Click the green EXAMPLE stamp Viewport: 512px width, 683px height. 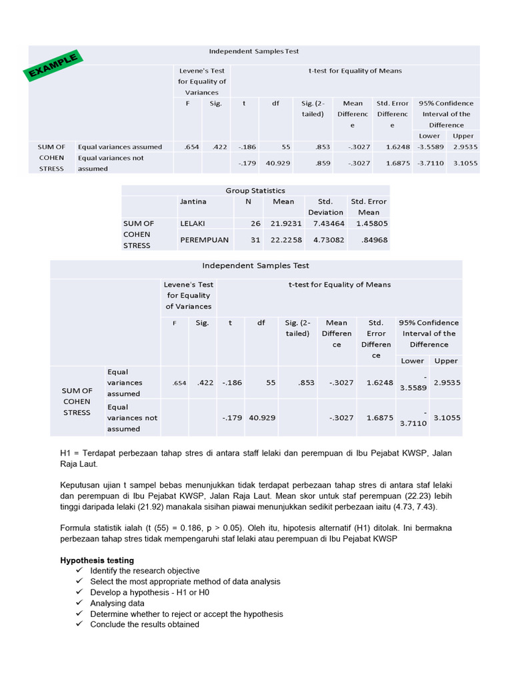click(53, 65)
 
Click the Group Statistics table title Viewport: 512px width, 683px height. click(255, 190)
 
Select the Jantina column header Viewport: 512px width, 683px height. click(193, 201)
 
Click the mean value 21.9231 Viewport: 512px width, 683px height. click(286, 223)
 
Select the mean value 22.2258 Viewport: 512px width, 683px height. click(286, 239)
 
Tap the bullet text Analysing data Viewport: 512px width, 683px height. click(117, 603)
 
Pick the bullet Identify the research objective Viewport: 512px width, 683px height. click(145, 571)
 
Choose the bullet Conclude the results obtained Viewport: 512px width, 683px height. click(145, 624)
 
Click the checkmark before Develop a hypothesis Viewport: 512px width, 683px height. click(79, 592)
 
